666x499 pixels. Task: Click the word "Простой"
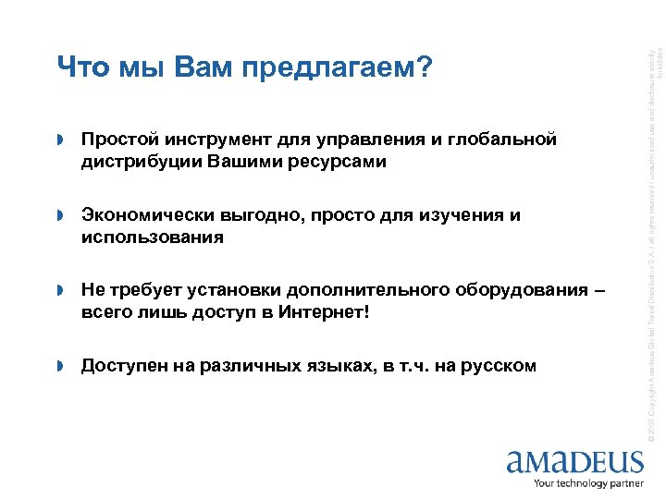point(121,140)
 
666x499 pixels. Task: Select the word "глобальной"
point(506,140)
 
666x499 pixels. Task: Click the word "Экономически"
point(147,215)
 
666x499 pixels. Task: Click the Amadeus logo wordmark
point(574,460)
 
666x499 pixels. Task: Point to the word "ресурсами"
point(340,162)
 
